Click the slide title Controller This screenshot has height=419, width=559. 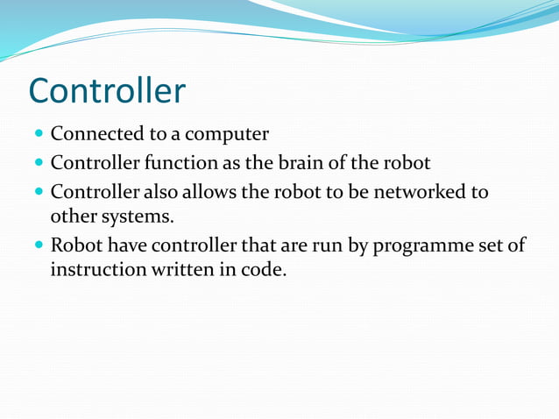107,91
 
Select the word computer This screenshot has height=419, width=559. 225,135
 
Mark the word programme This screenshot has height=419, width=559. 421,245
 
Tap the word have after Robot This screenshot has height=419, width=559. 123,245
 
